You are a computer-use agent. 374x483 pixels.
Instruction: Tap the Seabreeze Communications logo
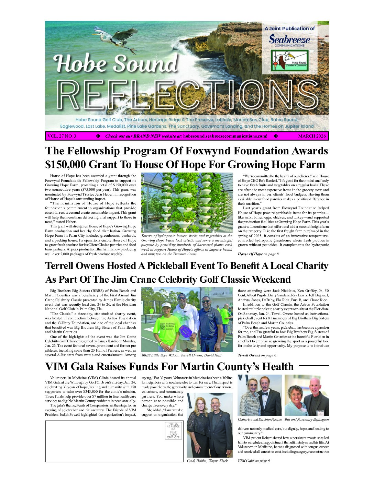pyautogui.click(x=289, y=40)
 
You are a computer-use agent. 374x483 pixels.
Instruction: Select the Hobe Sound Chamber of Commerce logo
pyautogui.click(x=289, y=61)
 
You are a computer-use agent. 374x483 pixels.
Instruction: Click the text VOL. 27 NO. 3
pyautogui.click(x=62, y=136)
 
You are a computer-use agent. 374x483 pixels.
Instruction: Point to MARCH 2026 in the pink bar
pyautogui.click(x=312, y=136)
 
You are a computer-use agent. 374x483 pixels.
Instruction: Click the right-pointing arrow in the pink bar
pyautogui.click(x=98, y=136)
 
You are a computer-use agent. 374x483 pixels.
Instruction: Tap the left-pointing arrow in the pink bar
pyautogui.click(x=276, y=136)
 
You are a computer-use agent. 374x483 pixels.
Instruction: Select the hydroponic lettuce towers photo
pyautogui.click(x=187, y=202)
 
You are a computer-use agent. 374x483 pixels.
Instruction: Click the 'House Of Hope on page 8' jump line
pyautogui.click(x=258, y=254)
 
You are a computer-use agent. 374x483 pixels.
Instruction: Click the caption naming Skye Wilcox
pyautogui.click(x=181, y=355)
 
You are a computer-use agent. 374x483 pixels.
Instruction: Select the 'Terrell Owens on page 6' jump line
pyautogui.click(x=257, y=355)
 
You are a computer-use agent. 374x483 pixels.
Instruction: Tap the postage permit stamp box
pyautogui.click(x=173, y=431)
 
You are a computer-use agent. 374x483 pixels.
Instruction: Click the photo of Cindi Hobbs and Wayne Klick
pyautogui.click(x=209, y=425)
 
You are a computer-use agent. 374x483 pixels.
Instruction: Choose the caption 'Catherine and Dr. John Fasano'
pyautogui.click(x=260, y=420)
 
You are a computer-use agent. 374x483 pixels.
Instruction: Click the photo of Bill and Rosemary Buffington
pyautogui.click(x=307, y=395)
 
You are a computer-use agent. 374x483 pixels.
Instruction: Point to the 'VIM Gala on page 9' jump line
pyautogui.click(x=254, y=461)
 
